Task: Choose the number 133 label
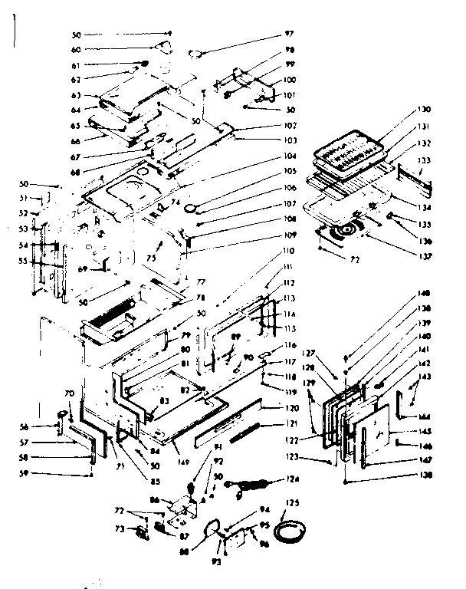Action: [x=424, y=160]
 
